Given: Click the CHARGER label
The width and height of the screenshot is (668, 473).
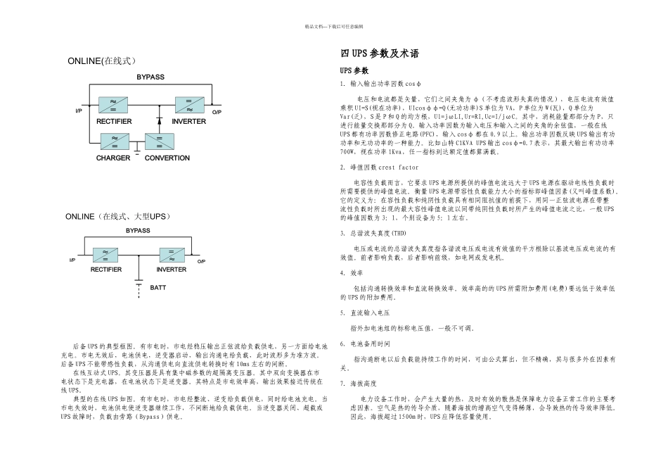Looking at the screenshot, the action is click(x=113, y=158).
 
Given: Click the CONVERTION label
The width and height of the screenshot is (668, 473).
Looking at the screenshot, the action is click(x=167, y=158).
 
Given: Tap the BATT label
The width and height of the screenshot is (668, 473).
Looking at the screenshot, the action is click(x=158, y=287).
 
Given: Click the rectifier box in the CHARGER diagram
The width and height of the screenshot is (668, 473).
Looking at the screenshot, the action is click(x=113, y=105).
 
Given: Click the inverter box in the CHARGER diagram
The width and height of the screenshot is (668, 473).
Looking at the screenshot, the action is click(x=188, y=105).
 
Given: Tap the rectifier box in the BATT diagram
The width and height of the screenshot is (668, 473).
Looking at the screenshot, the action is click(x=105, y=256).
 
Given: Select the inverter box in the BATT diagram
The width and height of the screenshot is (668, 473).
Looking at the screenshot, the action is click(x=171, y=256).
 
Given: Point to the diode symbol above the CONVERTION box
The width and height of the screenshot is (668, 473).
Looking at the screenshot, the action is click(x=160, y=121).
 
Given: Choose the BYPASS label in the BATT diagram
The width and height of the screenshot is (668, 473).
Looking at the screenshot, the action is click(x=138, y=231).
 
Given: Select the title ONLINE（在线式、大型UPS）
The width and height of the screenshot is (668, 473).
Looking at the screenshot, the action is click(x=117, y=216).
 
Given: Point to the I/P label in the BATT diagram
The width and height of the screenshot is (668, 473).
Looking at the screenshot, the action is click(x=72, y=261).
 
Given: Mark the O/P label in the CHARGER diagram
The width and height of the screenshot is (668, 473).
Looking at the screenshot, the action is click(x=217, y=113).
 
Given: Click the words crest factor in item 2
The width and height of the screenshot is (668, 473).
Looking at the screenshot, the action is click(x=398, y=168).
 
